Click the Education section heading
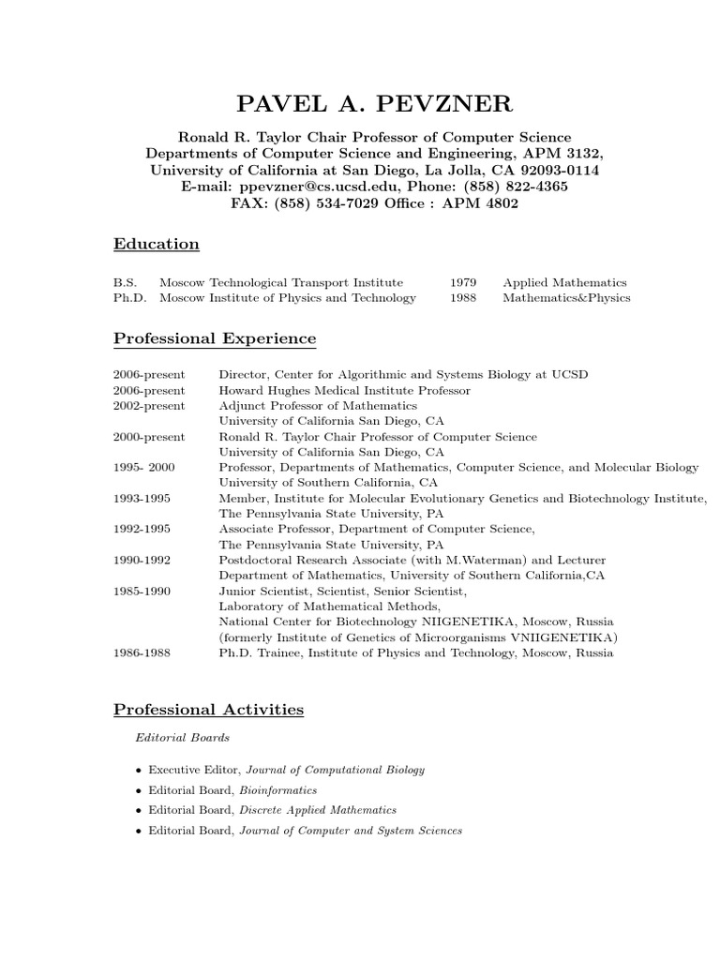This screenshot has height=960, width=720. point(157,245)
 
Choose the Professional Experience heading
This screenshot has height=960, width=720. point(215,338)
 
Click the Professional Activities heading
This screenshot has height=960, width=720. point(208,710)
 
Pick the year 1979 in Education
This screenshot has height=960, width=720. point(463,282)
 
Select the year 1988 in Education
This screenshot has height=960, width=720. point(463,298)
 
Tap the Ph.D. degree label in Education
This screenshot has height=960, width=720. point(128,298)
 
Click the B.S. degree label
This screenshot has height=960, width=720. point(125,282)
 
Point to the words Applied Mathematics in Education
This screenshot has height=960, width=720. point(564,282)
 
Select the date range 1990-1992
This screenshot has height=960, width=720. point(142,560)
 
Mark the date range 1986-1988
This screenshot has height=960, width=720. point(142,652)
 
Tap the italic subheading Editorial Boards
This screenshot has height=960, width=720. point(183,738)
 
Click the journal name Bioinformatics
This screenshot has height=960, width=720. point(277,790)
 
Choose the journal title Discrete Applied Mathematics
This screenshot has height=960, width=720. point(318,810)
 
